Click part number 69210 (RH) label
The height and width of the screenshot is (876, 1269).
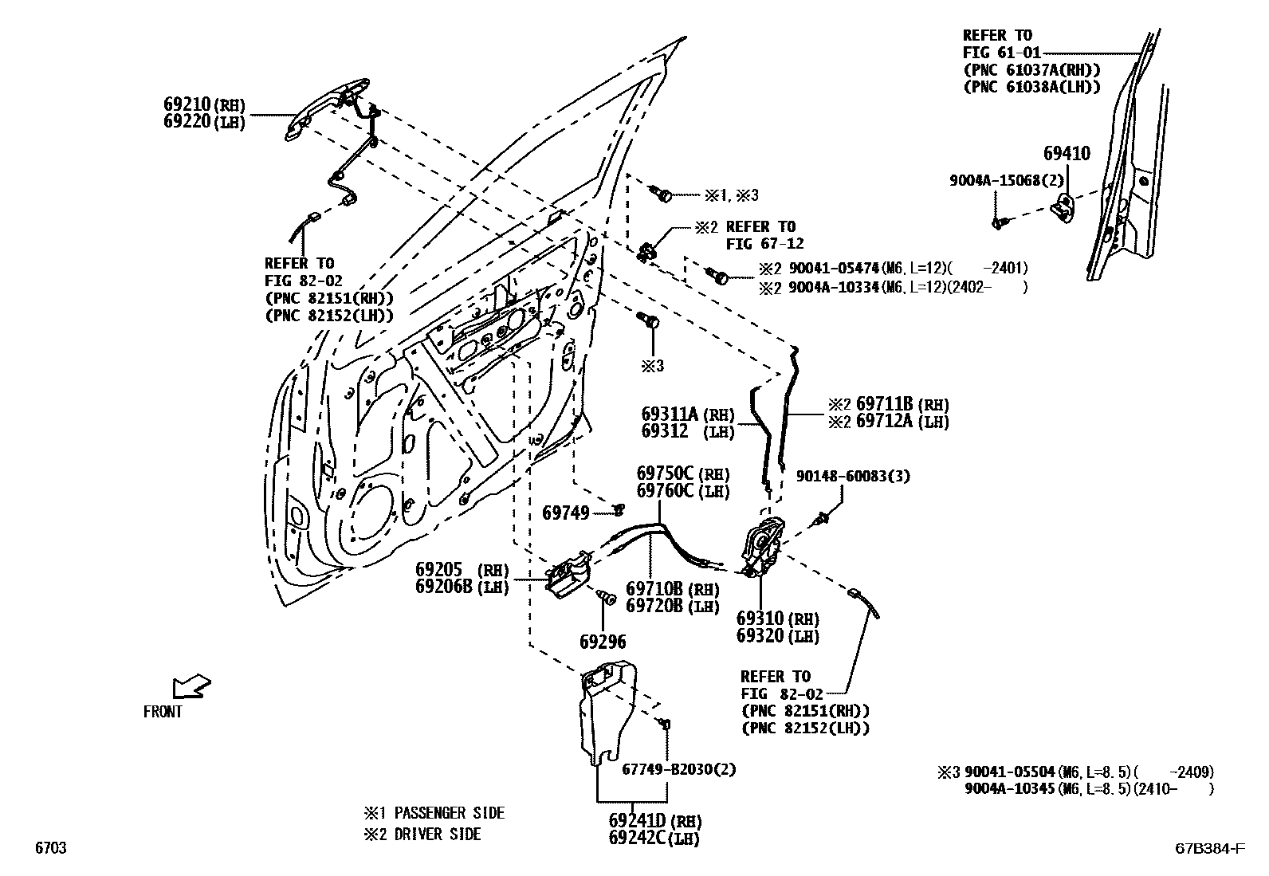(x=204, y=104)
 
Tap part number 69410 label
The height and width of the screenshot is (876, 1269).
(x=1067, y=154)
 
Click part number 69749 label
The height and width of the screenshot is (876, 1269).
(x=565, y=513)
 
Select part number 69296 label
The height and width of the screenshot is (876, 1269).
(x=602, y=642)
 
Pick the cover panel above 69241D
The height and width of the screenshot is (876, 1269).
(x=607, y=709)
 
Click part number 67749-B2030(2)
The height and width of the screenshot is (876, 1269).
(x=678, y=770)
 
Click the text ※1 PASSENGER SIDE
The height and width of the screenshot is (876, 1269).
(x=434, y=813)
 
